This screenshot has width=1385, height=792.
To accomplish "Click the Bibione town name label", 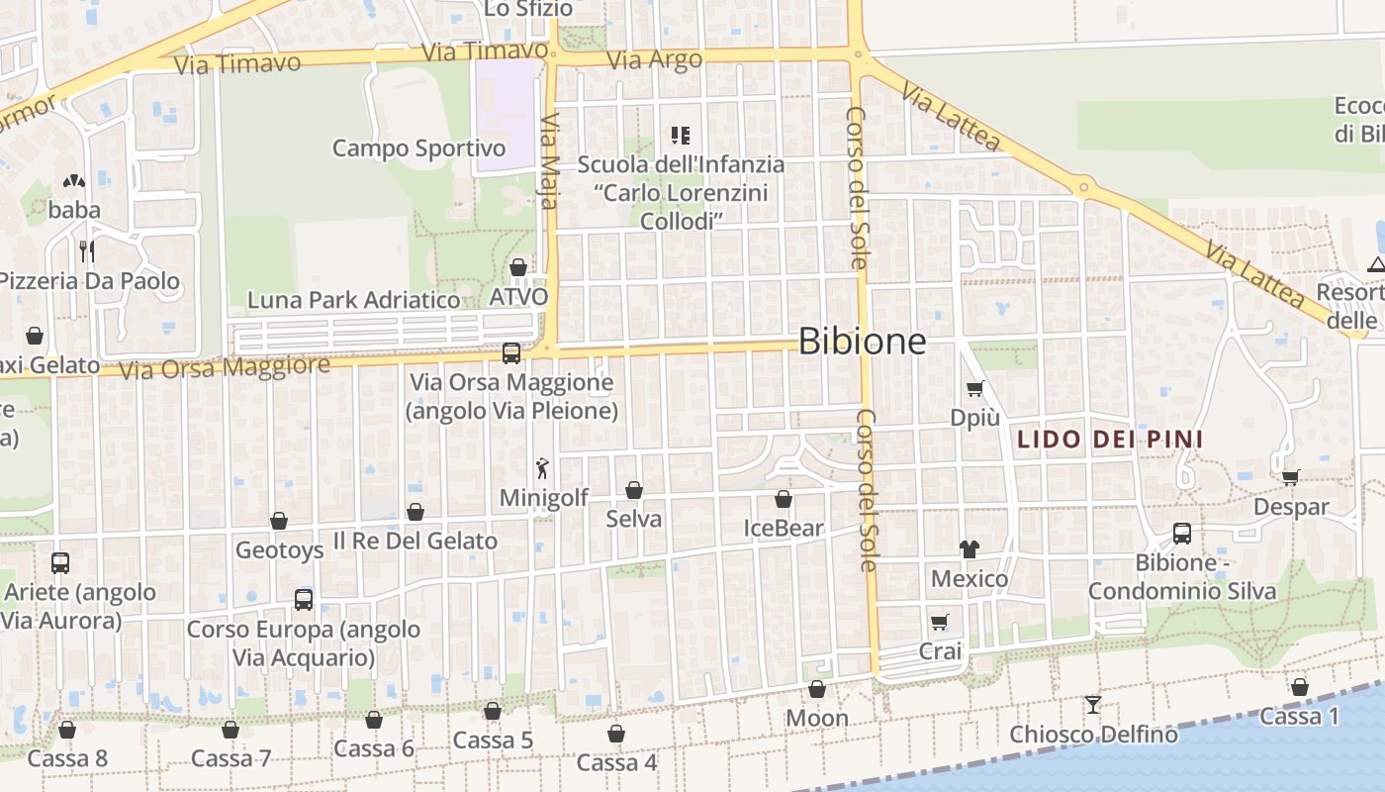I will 862,342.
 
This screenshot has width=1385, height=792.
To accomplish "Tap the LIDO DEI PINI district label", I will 1110,440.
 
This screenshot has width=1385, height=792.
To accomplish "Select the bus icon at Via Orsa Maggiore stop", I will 511,352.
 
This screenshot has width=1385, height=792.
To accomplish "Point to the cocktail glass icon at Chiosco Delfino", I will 1092,704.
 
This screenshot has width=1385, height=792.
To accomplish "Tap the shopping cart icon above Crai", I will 940,623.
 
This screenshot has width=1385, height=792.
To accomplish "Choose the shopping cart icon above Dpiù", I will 975,389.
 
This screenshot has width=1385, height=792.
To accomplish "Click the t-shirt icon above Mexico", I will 969,549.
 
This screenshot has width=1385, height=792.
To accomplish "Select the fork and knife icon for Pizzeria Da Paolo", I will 87,250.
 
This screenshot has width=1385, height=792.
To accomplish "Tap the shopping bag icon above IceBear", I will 784,499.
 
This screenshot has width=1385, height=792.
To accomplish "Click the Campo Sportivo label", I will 418,148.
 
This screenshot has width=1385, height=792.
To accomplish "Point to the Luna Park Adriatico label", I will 353,299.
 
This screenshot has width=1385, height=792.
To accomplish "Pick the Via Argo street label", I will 654,59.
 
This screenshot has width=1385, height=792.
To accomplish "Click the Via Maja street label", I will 550,160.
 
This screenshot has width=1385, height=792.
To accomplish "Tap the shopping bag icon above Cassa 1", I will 1300,687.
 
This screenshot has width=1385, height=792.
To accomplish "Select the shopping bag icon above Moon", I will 817,689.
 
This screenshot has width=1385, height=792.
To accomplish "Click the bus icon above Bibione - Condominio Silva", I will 1182,534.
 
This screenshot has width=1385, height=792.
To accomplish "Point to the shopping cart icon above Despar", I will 1291,477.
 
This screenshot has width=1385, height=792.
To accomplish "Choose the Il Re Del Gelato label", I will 415,541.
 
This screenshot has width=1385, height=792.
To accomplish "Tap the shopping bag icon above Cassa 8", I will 67,730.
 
